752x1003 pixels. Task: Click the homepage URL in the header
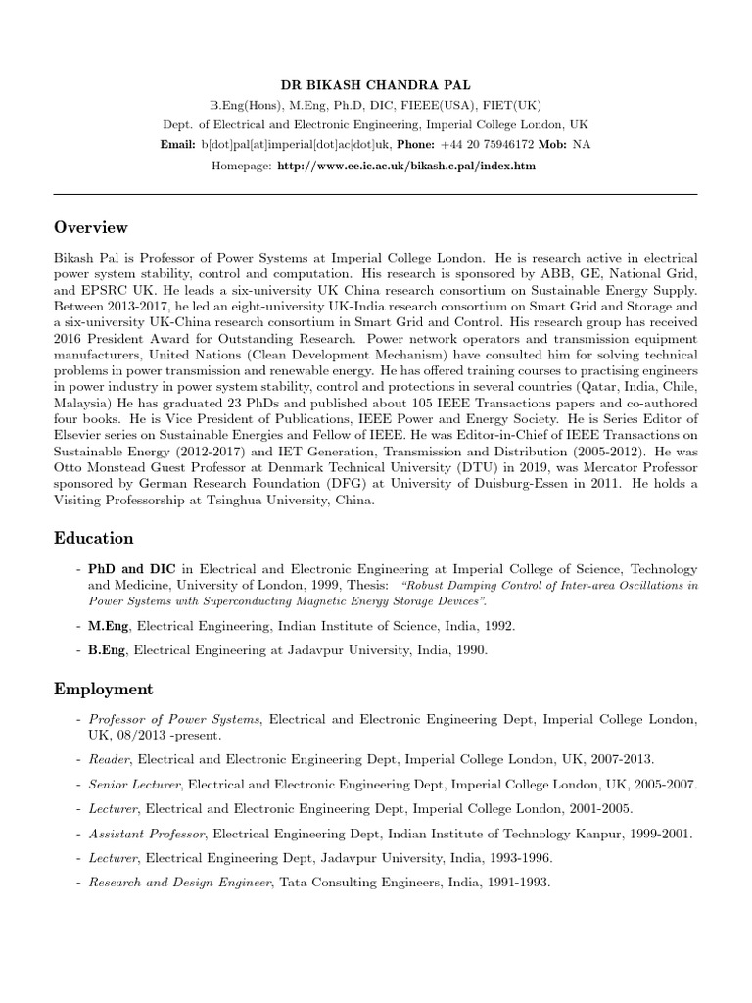tap(406, 167)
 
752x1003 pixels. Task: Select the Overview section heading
tap(91, 227)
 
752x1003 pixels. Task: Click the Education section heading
tap(94, 538)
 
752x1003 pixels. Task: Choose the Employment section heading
tap(103, 690)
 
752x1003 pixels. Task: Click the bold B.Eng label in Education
tap(108, 649)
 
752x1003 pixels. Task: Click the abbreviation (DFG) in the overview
tap(351, 482)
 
